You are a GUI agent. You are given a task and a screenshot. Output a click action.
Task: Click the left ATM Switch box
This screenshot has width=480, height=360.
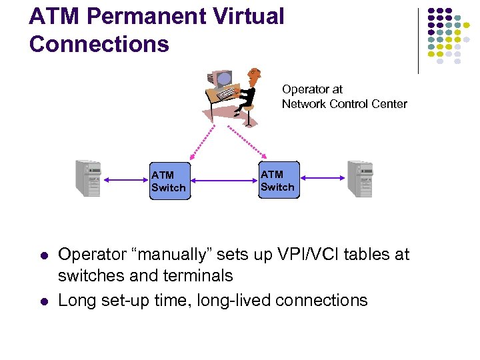170,181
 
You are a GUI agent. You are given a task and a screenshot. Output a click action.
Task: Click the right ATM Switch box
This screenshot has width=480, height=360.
278,181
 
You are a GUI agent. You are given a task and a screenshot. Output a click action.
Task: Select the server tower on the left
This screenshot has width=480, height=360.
88,179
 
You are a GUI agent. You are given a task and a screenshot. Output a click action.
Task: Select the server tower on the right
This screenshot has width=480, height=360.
360,179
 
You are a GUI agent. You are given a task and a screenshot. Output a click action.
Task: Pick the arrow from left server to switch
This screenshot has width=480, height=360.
125,179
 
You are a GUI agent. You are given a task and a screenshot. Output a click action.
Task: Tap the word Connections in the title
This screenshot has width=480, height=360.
99,44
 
